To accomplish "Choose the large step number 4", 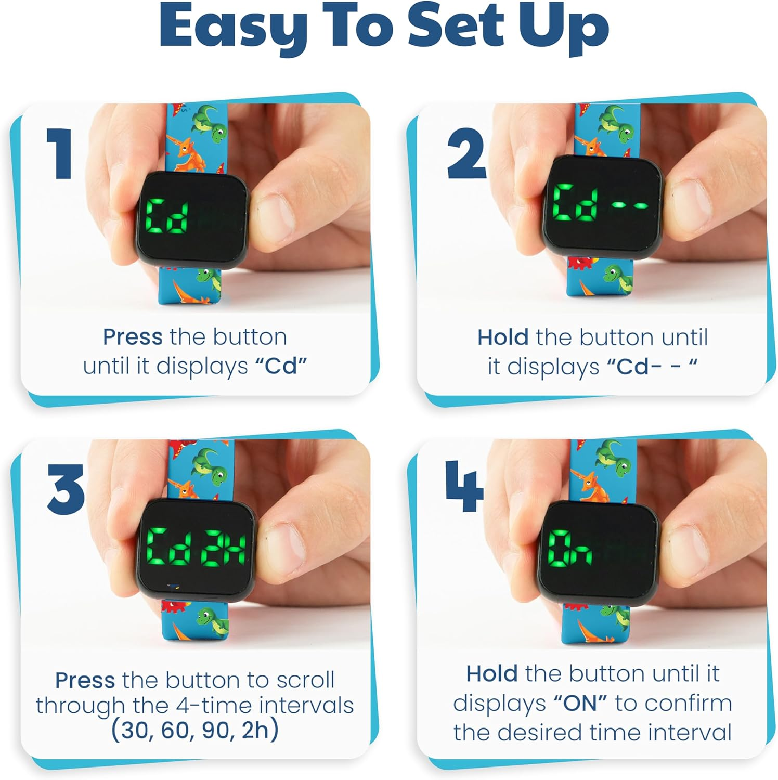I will pos(464,486).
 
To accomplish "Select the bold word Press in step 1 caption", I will pos(133,337).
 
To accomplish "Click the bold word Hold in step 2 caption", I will pos(503,337).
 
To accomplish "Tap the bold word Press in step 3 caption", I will pos(85,680).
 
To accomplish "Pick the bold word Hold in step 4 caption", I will pos(491,674).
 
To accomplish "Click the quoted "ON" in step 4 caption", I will pos(579,704).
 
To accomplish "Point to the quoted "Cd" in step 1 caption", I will pos(281,366).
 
